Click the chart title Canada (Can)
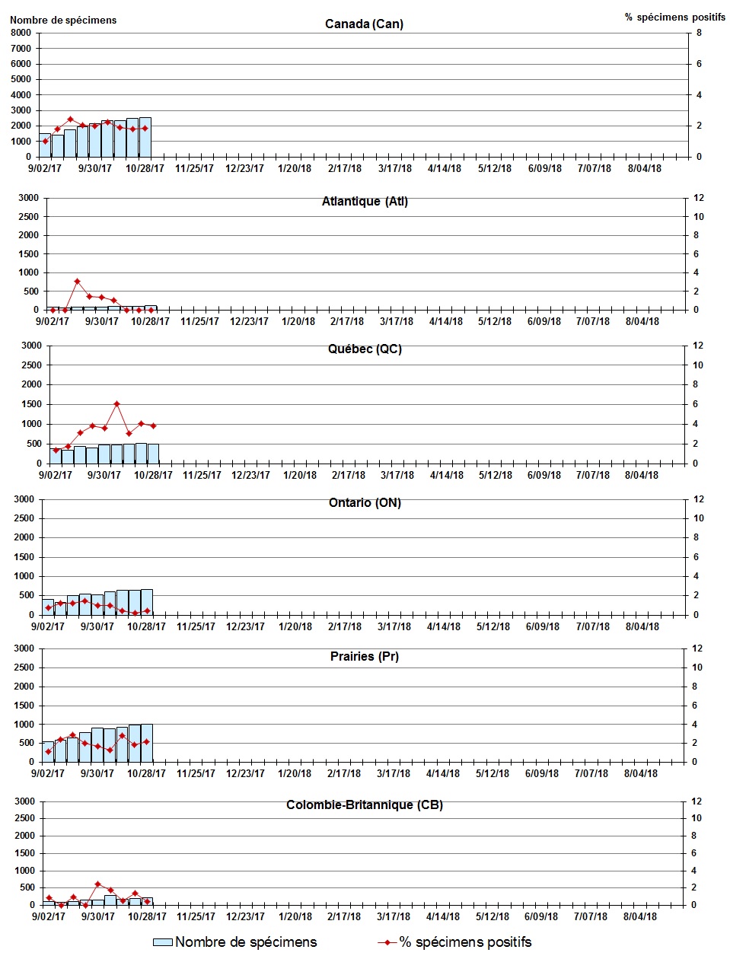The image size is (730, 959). [364, 24]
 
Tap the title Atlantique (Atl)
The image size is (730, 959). [365, 202]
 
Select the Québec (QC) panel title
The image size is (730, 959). [365, 349]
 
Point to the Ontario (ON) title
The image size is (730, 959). [365, 503]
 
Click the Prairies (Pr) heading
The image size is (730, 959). [365, 656]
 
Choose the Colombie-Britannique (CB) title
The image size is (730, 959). [365, 805]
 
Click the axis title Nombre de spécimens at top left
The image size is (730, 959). [63, 20]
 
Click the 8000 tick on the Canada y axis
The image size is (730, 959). [21, 33]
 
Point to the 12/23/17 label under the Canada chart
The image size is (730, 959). [244, 169]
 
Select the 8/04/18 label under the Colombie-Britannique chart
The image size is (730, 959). [640, 917]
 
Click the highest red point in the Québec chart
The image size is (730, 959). [116, 404]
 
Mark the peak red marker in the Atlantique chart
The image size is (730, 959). [77, 282]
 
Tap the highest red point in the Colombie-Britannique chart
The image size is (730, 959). [98, 884]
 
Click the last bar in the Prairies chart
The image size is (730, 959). [147, 743]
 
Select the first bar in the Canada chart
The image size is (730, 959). [45, 145]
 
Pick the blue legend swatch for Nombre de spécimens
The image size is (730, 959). [163, 942]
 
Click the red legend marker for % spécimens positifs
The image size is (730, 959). [387, 942]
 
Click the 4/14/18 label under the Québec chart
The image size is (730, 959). [447, 476]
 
